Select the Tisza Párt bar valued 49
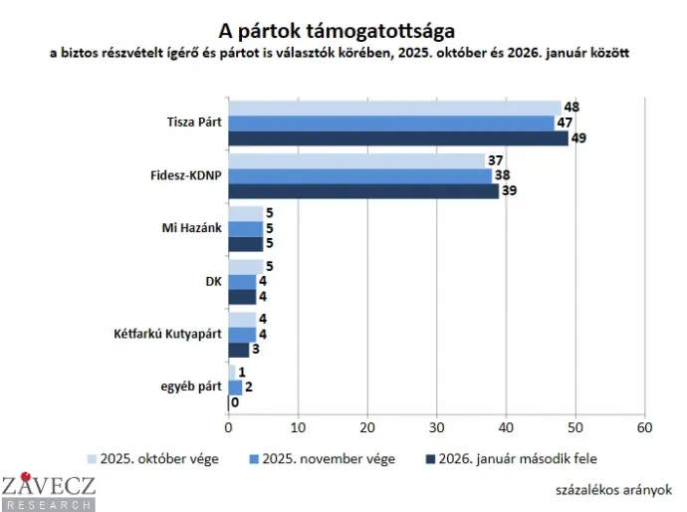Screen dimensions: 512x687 click(x=398, y=137)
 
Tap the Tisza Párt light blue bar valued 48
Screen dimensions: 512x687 click(x=394, y=108)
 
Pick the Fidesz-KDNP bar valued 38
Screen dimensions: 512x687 click(x=359, y=175)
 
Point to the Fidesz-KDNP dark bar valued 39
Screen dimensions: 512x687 click(x=363, y=190)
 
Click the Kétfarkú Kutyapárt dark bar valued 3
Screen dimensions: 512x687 click(x=239, y=350)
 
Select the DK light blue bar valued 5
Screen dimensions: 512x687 click(x=246, y=266)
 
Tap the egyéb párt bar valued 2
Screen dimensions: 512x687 click(x=235, y=387)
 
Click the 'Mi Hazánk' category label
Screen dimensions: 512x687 click(x=193, y=228)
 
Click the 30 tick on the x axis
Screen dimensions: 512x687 click(x=436, y=427)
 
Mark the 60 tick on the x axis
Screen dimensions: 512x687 click(x=644, y=427)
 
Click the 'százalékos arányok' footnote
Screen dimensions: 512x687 click(x=614, y=489)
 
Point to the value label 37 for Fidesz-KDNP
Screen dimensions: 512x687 click(x=495, y=160)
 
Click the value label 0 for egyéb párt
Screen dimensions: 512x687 click(x=235, y=402)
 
